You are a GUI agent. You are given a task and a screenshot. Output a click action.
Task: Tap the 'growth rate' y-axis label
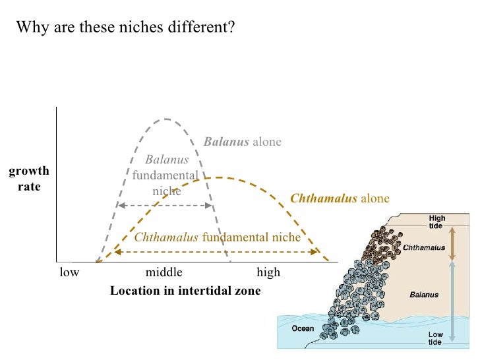[29, 179]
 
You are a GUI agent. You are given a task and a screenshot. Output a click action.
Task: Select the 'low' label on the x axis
[69, 272]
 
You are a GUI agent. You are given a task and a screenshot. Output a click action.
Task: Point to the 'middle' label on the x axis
[164, 272]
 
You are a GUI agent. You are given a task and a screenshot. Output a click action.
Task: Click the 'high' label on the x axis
[268, 272]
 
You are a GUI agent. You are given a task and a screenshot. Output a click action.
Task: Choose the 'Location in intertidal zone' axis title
[185, 290]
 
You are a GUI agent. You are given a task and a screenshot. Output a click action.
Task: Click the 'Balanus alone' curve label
[242, 142]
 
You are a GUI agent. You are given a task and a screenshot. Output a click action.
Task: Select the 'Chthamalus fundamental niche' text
[217, 237]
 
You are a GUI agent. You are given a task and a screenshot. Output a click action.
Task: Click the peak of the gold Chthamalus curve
[221, 177]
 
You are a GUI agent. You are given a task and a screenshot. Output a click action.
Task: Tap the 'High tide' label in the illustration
[436, 221]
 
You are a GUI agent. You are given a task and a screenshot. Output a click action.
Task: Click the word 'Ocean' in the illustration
[303, 328]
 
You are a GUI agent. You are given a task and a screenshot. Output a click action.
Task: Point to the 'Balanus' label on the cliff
[424, 295]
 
